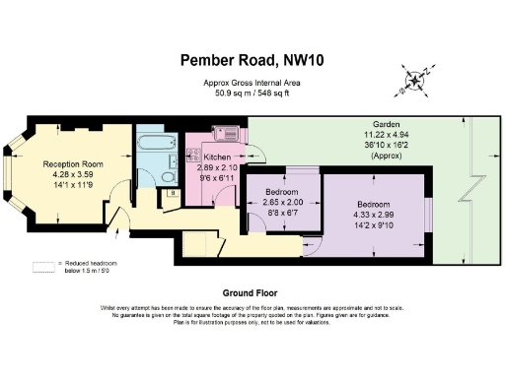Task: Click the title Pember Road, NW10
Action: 252,60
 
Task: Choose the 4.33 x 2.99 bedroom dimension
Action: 373,215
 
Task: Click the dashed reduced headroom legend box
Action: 42,264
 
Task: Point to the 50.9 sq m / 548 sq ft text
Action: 252,94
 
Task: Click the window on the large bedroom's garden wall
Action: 428,214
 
